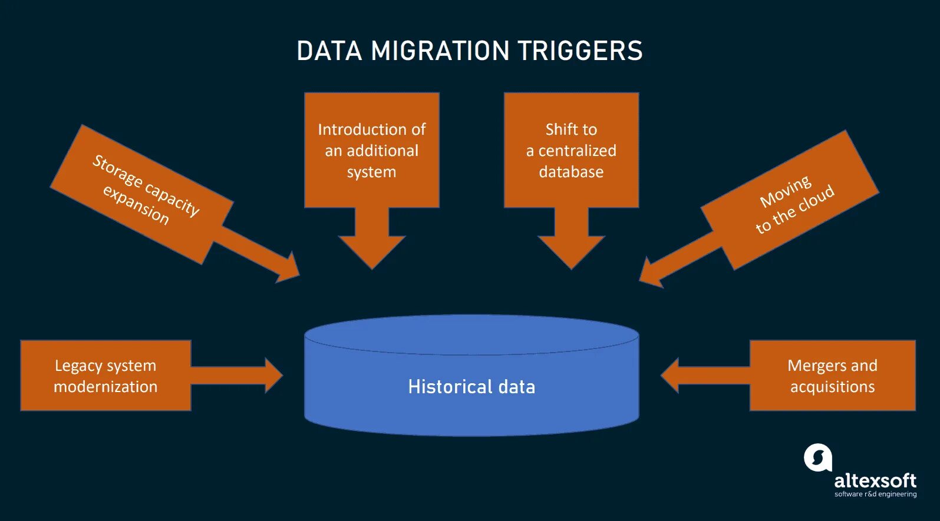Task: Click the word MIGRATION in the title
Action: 440,51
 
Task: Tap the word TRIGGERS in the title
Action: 581,51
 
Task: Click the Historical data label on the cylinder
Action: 471,387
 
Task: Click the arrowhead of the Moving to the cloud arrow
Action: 652,274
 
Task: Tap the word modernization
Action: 105,387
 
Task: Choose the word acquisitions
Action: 832,387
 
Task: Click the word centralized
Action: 577,151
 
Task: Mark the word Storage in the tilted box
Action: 117,171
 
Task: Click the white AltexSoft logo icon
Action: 818,457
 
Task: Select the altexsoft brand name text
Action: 875,480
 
